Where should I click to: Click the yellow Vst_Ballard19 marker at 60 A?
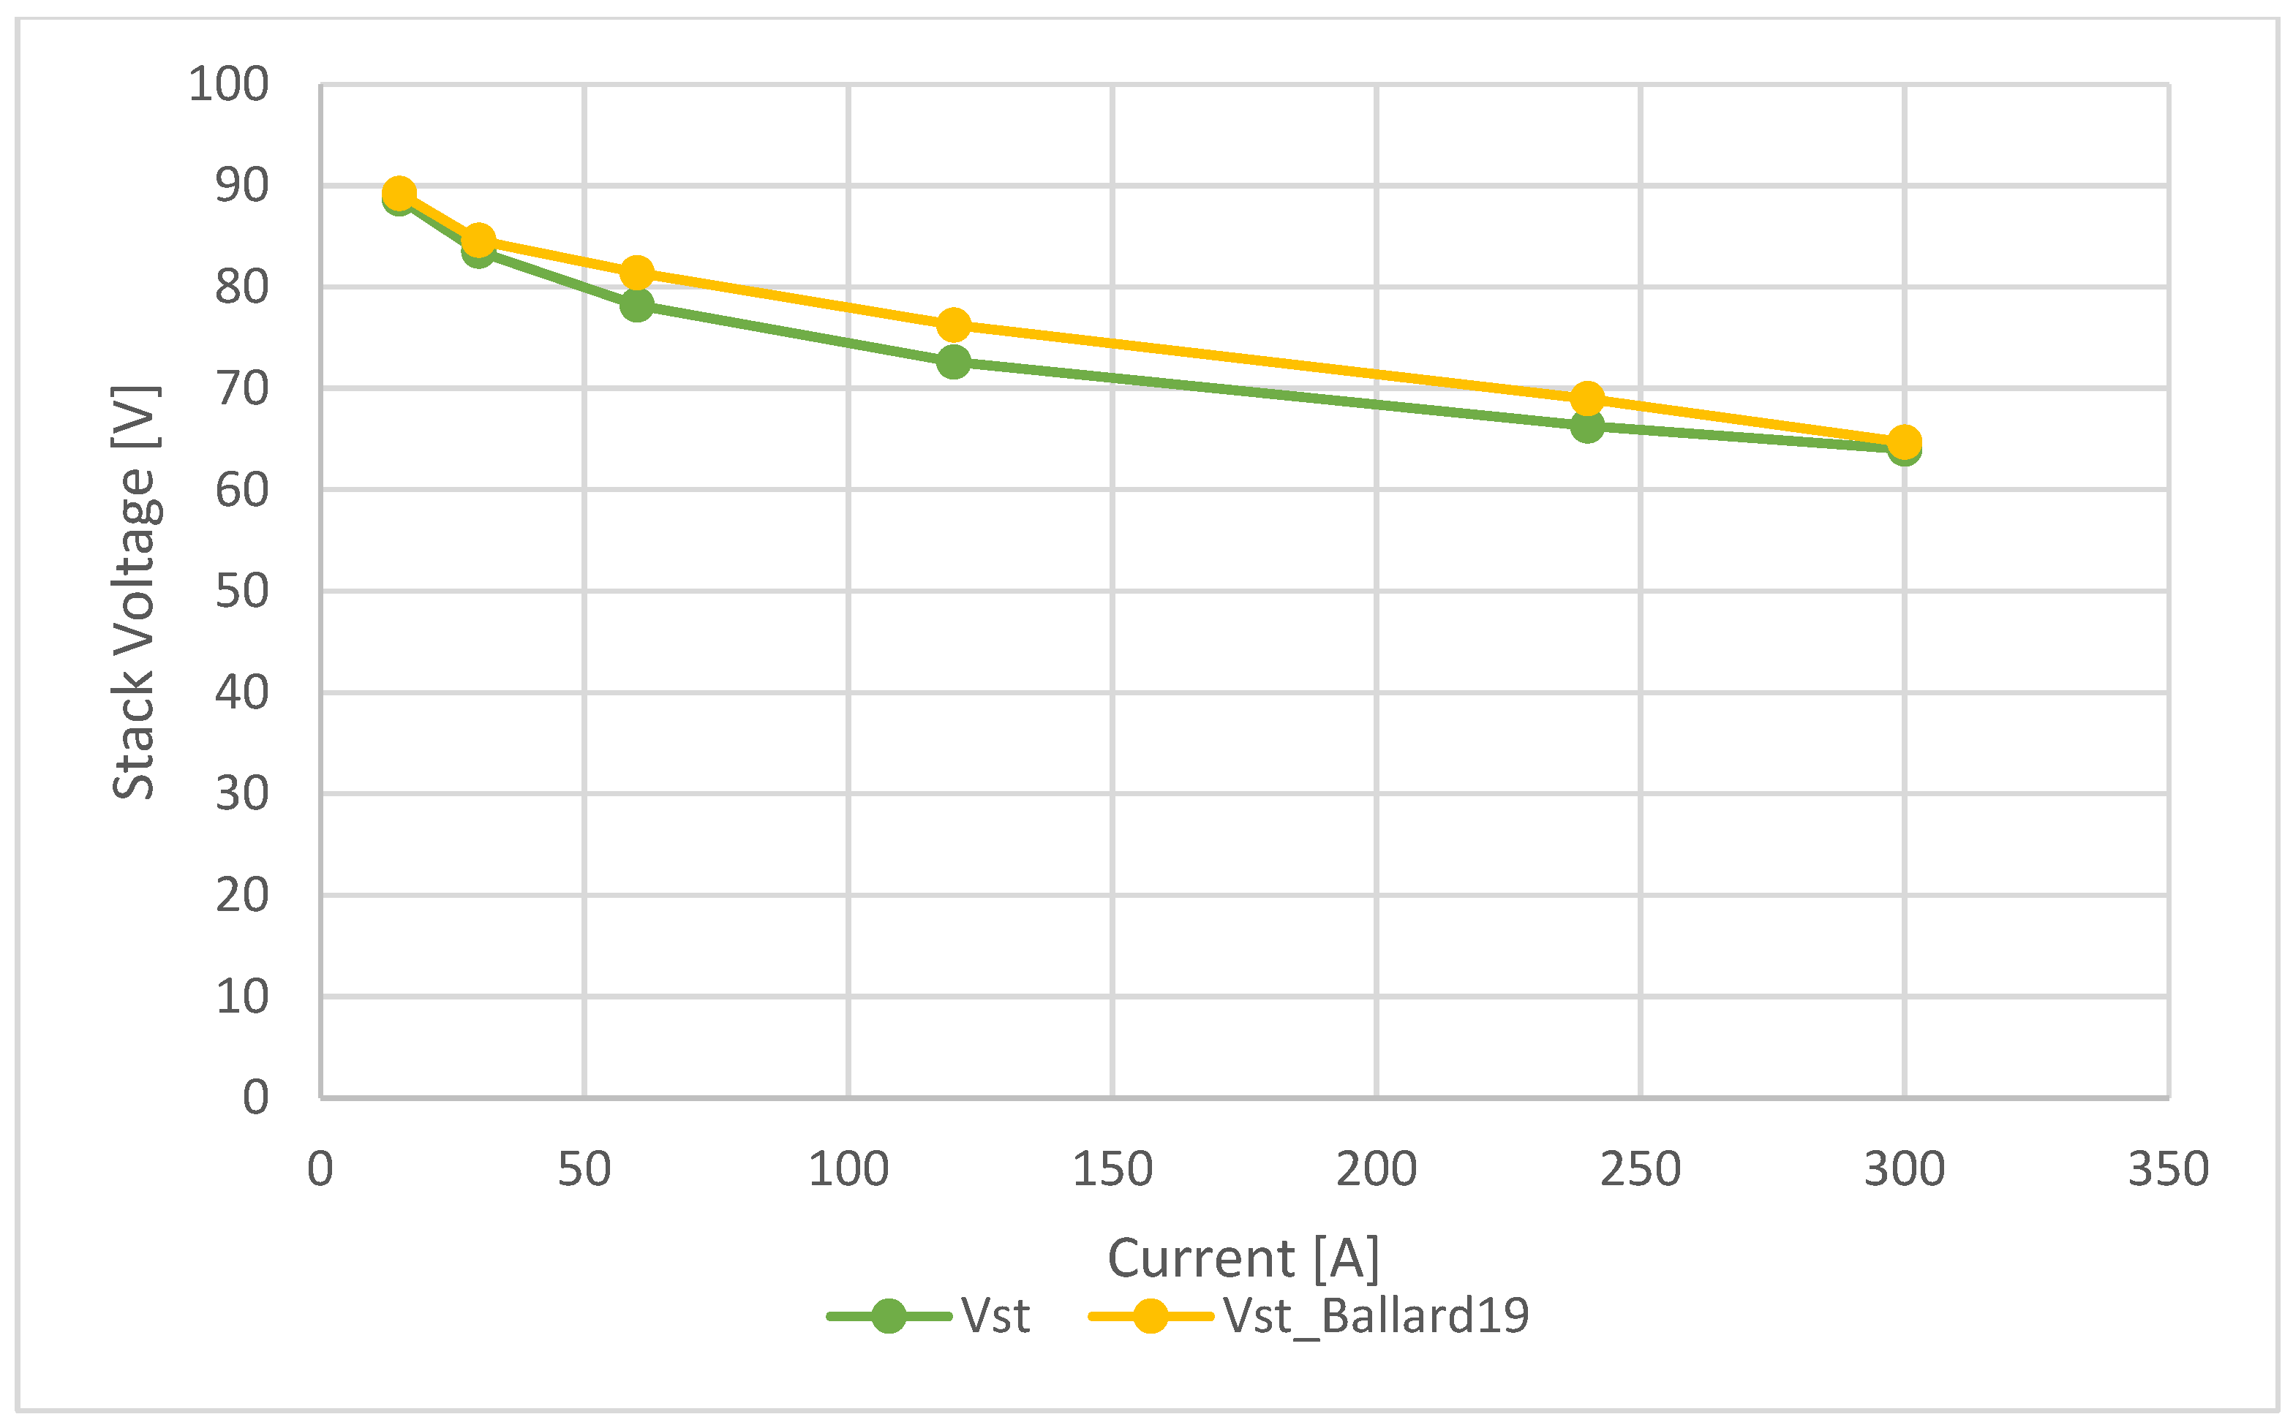point(637,273)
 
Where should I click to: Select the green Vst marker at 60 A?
point(637,304)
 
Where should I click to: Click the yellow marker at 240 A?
point(1588,398)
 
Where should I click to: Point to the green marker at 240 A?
point(1588,427)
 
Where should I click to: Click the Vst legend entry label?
point(995,1315)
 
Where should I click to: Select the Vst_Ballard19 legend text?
point(1377,1315)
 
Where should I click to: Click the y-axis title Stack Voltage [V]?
point(135,592)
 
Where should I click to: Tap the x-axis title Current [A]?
point(1243,1258)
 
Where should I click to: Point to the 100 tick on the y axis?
point(229,85)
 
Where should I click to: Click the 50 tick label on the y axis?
point(242,591)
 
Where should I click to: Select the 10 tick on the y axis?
point(242,996)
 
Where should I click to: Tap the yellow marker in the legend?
point(1151,1315)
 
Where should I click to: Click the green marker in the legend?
point(888,1315)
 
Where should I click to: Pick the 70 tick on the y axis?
point(242,388)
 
